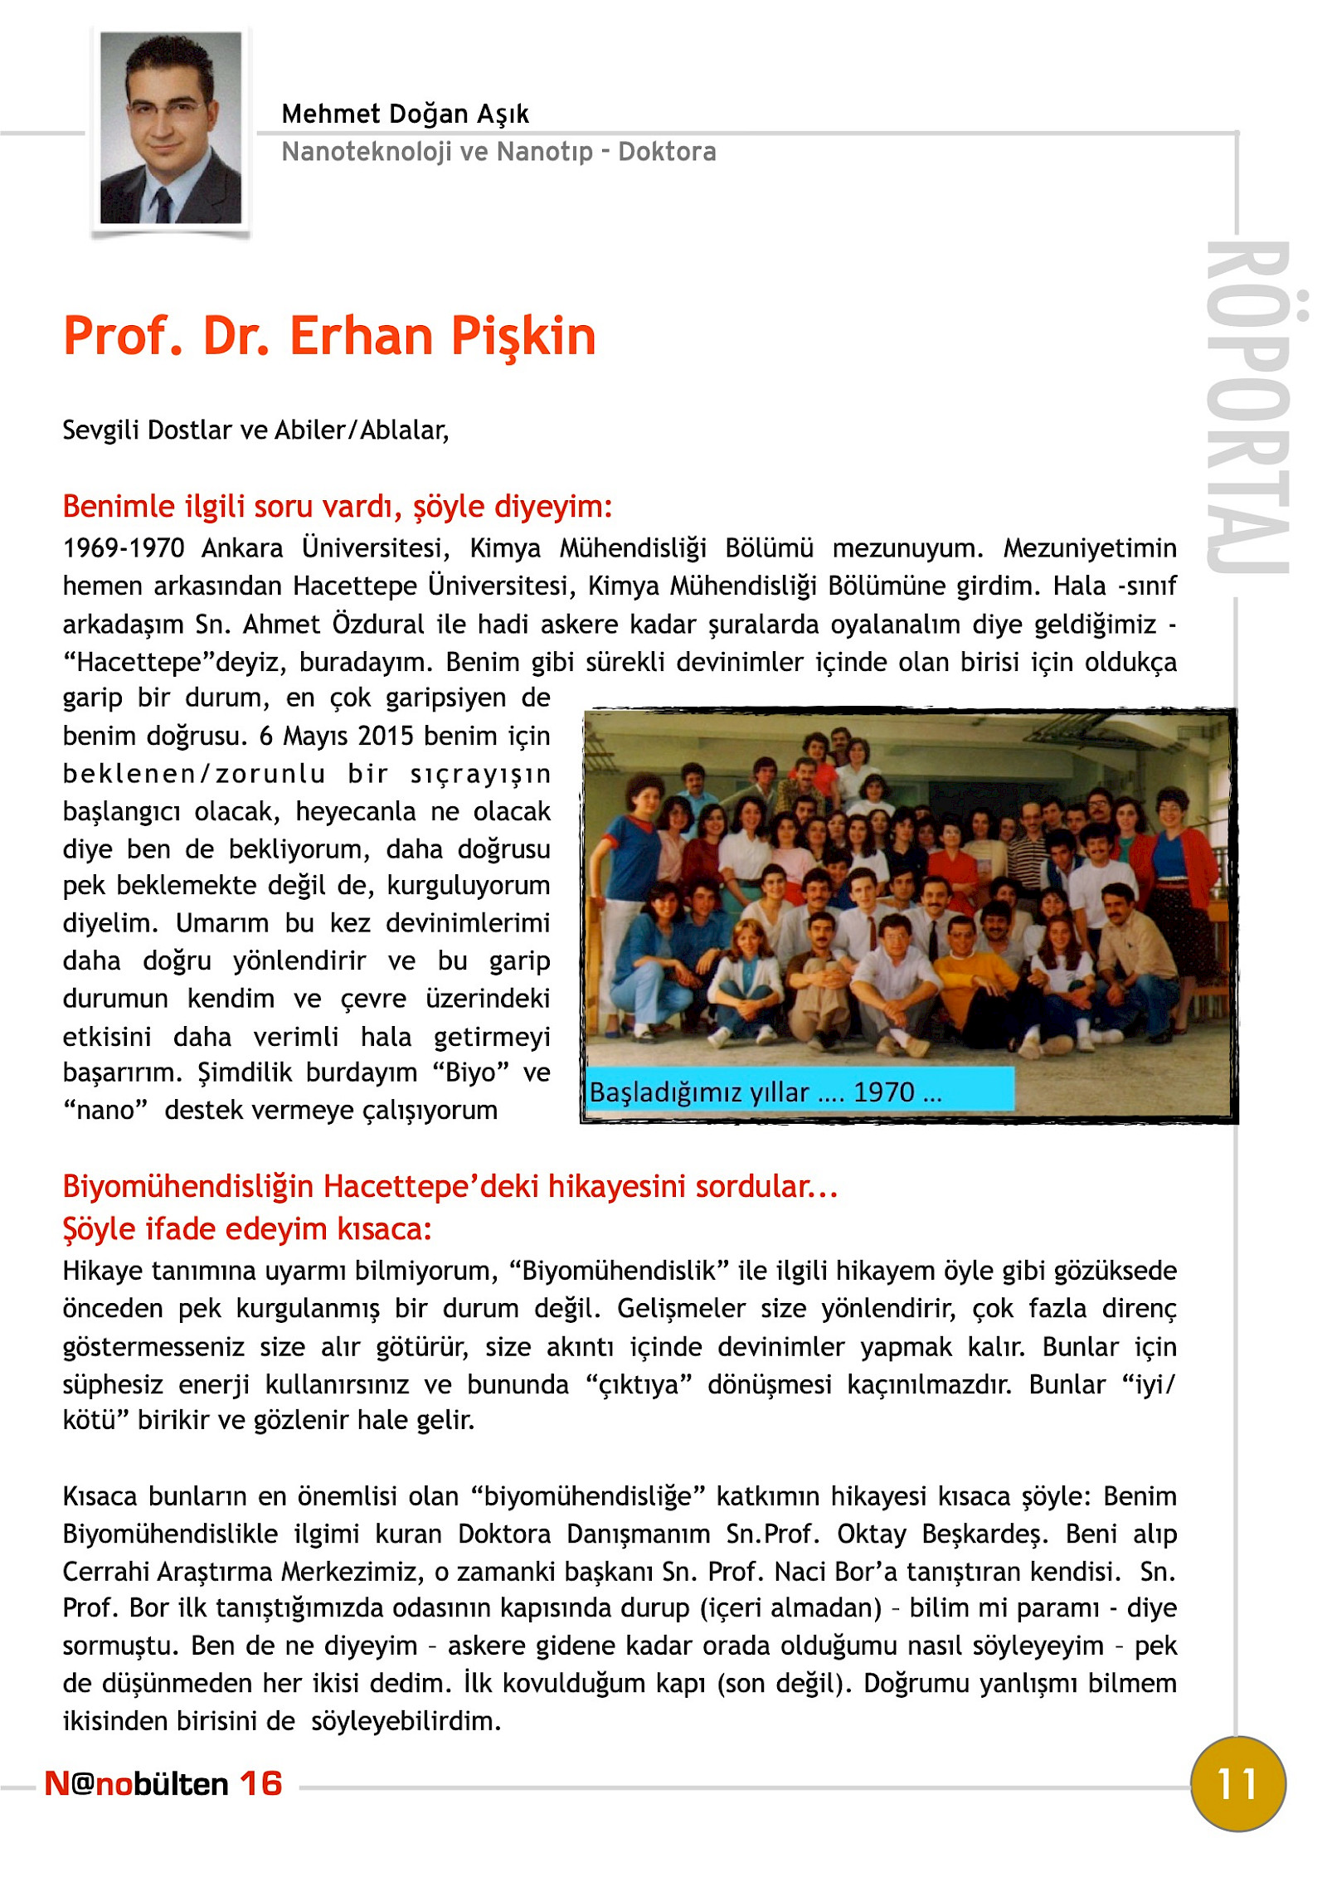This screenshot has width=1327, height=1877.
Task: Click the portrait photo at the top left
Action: click(171, 128)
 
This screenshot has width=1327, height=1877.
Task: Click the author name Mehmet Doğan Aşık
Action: click(405, 114)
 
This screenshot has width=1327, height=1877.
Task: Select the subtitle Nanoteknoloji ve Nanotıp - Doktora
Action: click(498, 152)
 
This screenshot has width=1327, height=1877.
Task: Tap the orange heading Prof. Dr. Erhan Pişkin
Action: click(329, 336)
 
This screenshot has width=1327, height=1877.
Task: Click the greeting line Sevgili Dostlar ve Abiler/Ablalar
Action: click(255, 430)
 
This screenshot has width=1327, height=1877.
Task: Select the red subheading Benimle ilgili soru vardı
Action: click(337, 506)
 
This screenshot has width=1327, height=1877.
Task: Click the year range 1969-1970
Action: click(124, 548)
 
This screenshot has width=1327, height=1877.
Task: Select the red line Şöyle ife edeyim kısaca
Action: click(247, 1228)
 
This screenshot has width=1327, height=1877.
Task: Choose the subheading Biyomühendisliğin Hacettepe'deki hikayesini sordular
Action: click(450, 1186)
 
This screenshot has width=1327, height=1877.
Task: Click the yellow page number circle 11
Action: click(1237, 1783)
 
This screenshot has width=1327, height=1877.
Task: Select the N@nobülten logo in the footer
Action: click(137, 1783)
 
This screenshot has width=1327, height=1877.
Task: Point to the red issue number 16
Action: click(261, 1783)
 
